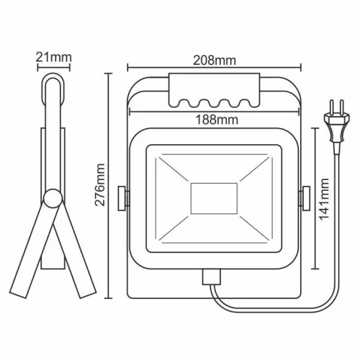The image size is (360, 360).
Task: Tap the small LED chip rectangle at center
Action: (x=214, y=197)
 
